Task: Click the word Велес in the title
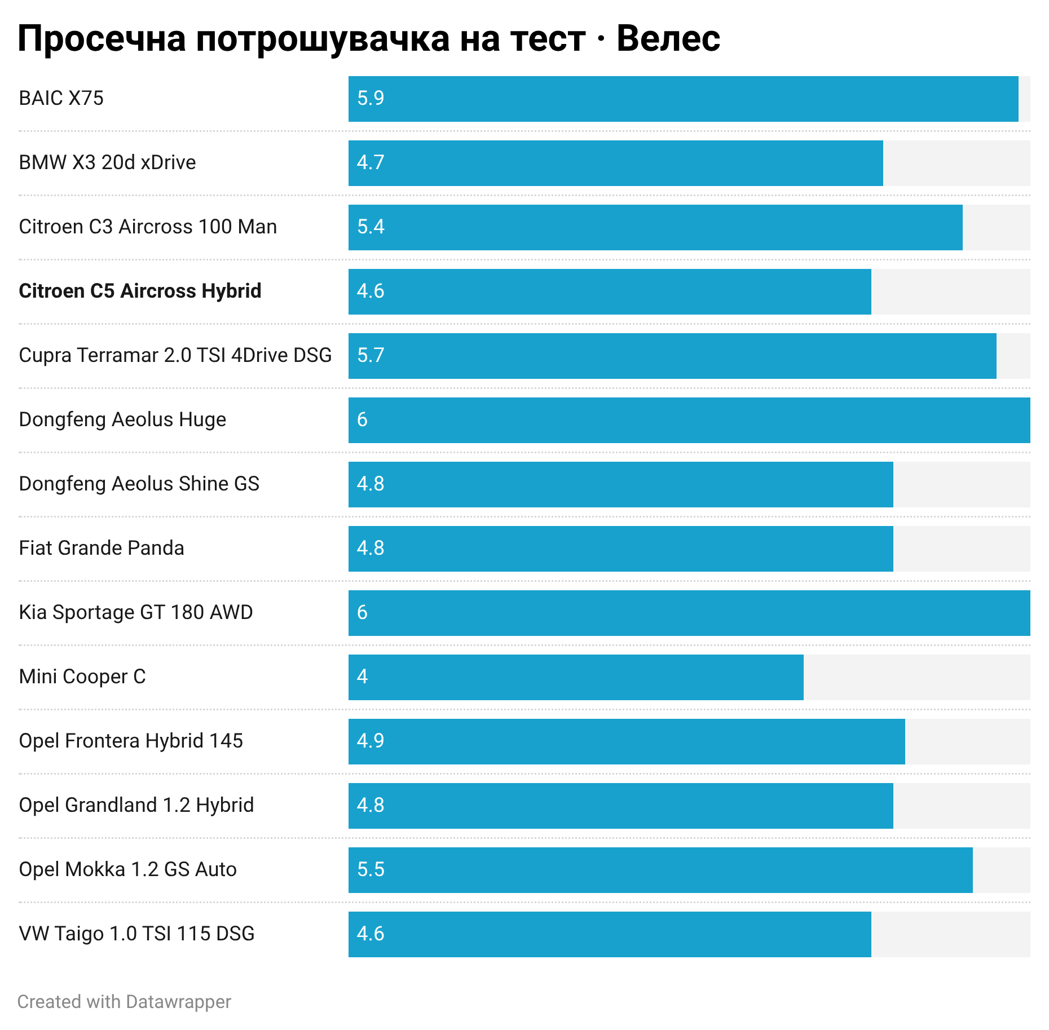pyautogui.click(x=668, y=38)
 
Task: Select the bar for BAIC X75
pyautogui.click(x=683, y=99)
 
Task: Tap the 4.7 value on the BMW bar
pyautogui.click(x=371, y=162)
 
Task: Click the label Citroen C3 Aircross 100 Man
pyautogui.click(x=148, y=227)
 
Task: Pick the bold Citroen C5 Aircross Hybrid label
pyautogui.click(x=140, y=291)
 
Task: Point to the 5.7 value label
pyautogui.click(x=371, y=355)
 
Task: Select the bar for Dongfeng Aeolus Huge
pyautogui.click(x=689, y=420)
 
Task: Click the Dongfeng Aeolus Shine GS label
pyautogui.click(x=139, y=484)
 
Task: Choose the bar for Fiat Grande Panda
pyautogui.click(x=620, y=549)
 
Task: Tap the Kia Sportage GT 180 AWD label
pyautogui.click(x=136, y=612)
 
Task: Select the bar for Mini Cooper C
pyautogui.click(x=576, y=677)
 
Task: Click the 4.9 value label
pyautogui.click(x=371, y=741)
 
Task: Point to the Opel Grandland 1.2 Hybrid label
pyautogui.click(x=136, y=805)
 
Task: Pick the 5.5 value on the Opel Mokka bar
pyautogui.click(x=371, y=869)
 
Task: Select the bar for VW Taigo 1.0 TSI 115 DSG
pyautogui.click(x=610, y=934)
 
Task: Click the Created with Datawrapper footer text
pyautogui.click(x=124, y=1002)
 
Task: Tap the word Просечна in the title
pyautogui.click(x=102, y=38)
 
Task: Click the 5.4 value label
pyautogui.click(x=371, y=227)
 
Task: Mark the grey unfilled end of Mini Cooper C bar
pyautogui.click(x=917, y=677)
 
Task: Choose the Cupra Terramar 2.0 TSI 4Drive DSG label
pyautogui.click(x=175, y=355)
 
